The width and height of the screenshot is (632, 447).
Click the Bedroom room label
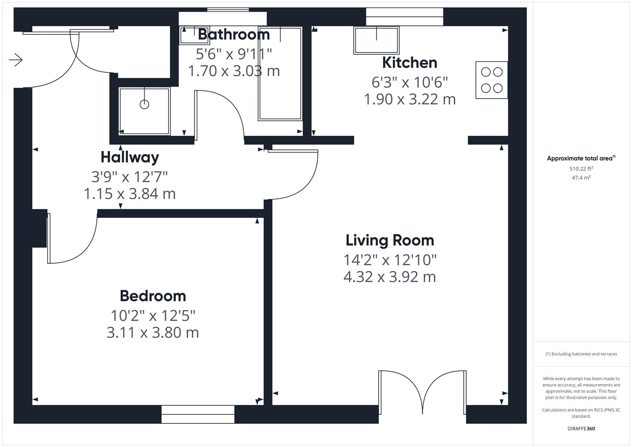(x=153, y=296)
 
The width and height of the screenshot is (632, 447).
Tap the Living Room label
(x=389, y=240)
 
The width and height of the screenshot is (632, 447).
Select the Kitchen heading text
(x=409, y=62)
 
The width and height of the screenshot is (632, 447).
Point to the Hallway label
(x=130, y=157)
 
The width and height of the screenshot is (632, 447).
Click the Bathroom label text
(x=234, y=34)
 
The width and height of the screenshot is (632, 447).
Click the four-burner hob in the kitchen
(x=492, y=80)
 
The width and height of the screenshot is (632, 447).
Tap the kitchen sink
(x=376, y=40)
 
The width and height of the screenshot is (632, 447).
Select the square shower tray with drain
(x=144, y=111)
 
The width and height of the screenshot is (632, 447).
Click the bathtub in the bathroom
(x=280, y=74)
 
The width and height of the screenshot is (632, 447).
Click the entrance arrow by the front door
(x=16, y=60)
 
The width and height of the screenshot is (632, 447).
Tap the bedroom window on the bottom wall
(x=198, y=414)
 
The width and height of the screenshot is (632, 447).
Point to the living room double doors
(x=422, y=391)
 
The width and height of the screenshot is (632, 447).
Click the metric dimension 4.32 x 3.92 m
(x=389, y=277)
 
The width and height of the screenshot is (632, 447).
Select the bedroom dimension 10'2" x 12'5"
(x=153, y=316)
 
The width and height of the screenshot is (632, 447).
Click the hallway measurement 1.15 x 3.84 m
(x=130, y=194)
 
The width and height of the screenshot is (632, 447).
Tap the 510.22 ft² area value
(x=581, y=168)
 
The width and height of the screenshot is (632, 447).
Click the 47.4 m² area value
(x=581, y=178)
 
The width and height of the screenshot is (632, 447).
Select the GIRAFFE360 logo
(x=581, y=428)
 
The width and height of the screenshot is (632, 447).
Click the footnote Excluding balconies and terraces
(x=581, y=354)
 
